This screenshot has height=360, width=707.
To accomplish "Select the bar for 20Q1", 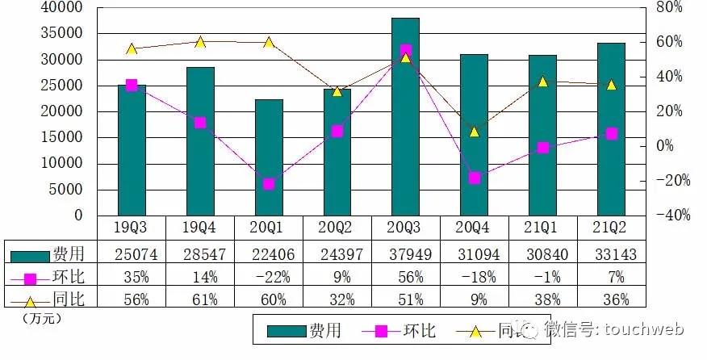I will pos(269,157).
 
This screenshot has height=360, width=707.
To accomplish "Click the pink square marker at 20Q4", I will pos(475,178).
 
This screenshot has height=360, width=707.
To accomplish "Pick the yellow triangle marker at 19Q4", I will pos(200,42).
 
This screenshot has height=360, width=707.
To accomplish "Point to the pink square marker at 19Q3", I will pos(132,85).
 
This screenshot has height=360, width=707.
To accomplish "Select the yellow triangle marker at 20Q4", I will pos(475,131).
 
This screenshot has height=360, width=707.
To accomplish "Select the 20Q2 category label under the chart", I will pos(337,228).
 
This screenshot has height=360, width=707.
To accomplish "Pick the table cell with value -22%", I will pos(269,278).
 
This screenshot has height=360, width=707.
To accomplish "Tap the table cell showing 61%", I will pos(200,301).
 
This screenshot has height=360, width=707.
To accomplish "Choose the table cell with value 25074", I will pos(132,255).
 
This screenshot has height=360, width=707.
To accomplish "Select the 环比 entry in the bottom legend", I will pos(419,330).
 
